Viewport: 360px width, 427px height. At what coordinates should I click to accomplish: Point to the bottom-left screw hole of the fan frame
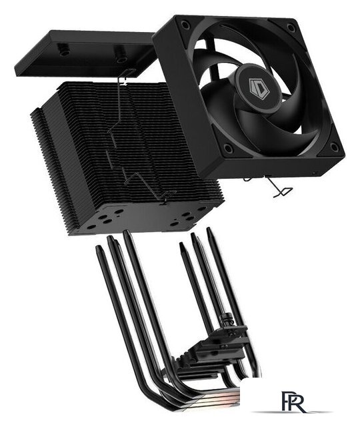229,149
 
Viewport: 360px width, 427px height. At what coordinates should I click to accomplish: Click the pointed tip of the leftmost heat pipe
99,250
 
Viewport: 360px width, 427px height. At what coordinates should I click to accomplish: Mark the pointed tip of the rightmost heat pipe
209,232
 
